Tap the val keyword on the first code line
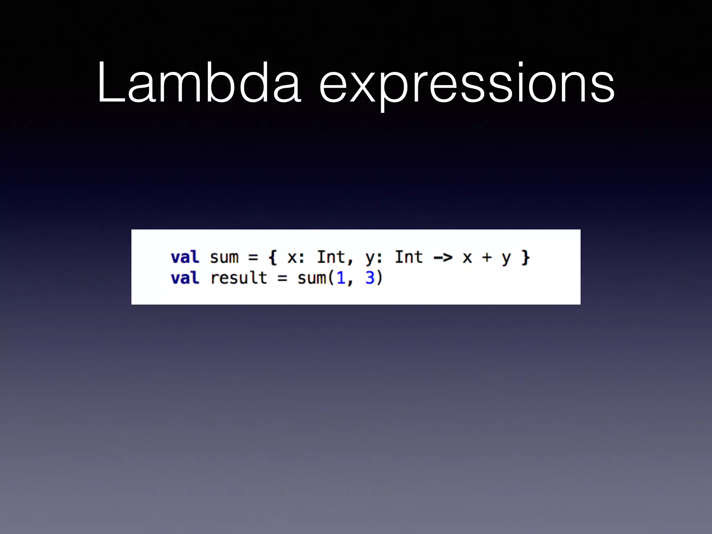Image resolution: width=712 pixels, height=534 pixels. coord(185,257)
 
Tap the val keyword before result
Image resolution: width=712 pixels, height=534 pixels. coord(185,278)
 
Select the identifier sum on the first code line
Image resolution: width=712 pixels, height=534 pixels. coord(224,258)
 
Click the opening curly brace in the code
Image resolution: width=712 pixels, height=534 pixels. coord(273,258)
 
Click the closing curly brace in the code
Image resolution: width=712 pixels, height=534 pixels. coord(525,258)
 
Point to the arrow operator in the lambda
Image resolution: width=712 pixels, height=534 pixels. coord(443,258)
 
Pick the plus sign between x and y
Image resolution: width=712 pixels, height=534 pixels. coord(487,258)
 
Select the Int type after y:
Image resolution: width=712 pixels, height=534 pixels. coord(409,257)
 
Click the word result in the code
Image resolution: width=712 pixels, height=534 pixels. coord(238,278)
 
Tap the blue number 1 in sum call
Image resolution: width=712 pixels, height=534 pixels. coord(341,278)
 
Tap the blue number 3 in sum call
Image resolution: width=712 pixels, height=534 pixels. coord(370,278)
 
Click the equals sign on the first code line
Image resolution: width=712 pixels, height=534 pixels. coord(253,258)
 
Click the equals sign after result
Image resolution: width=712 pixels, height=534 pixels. coord(282,278)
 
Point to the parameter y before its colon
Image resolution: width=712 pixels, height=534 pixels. coord(370,259)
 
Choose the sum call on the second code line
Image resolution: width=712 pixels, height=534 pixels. coord(311,278)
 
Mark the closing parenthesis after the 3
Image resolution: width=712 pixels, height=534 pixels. coord(379,278)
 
